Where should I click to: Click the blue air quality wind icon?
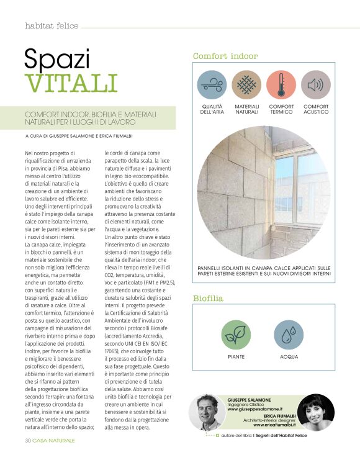click(x=212, y=84)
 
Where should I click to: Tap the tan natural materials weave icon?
click(x=246, y=84)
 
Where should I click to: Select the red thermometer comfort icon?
click(x=281, y=84)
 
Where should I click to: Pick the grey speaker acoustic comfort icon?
click(x=315, y=84)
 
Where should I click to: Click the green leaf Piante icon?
click(x=236, y=335)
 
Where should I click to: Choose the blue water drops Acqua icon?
click(x=289, y=335)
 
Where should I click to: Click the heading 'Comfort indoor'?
click(x=225, y=56)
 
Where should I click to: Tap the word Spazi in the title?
click(x=57, y=58)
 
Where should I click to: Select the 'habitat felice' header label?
click(x=51, y=25)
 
